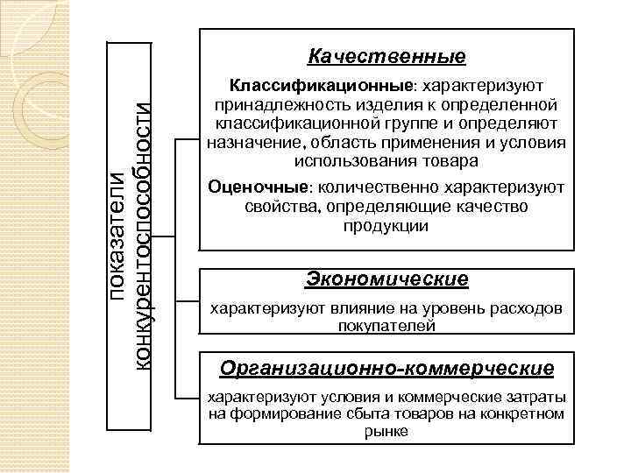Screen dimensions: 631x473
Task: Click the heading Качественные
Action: click(x=386, y=57)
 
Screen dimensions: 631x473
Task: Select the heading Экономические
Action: click(x=386, y=279)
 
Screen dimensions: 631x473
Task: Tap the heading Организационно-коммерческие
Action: click(x=386, y=367)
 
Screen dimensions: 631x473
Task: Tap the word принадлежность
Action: click(x=269, y=105)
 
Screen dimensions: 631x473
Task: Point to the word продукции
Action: click(x=386, y=225)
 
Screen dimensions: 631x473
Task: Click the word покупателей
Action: click(x=386, y=326)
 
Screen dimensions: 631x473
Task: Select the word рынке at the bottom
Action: click(x=386, y=431)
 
